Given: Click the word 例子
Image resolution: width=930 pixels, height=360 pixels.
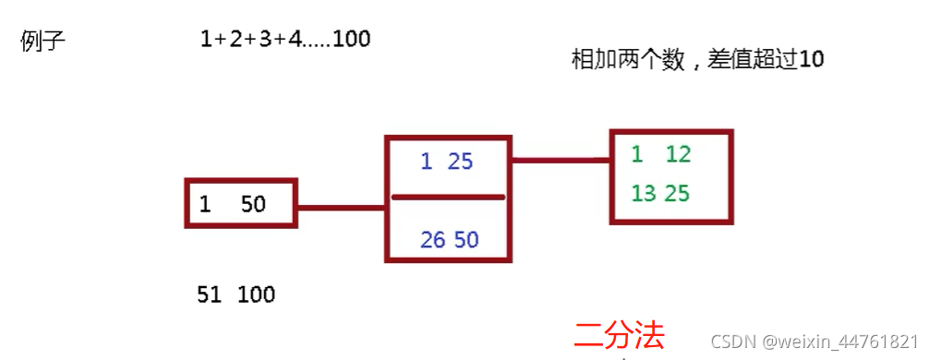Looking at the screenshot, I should pyautogui.click(x=42, y=42).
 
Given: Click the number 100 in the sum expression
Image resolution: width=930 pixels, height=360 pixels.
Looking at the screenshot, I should pyautogui.click(x=351, y=40).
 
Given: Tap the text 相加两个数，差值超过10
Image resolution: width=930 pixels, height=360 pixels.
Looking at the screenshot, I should pyautogui.click(x=697, y=61).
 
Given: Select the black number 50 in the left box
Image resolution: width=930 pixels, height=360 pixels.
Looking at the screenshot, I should pyautogui.click(x=253, y=204).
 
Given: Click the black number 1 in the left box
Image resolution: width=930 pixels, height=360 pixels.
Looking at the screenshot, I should pyautogui.click(x=205, y=204).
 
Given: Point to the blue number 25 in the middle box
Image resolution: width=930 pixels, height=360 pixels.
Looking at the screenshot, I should pyautogui.click(x=459, y=162).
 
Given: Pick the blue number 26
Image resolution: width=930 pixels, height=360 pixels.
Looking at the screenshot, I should pyautogui.click(x=432, y=240).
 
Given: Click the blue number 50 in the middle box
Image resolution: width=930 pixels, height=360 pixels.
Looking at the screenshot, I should pyautogui.click(x=466, y=240).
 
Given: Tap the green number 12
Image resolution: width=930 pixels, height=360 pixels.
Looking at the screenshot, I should pyautogui.click(x=678, y=154).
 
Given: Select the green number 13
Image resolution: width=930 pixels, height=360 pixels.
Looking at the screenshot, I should pyautogui.click(x=644, y=194).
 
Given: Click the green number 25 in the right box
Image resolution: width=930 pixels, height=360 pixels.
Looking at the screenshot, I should pyautogui.click(x=678, y=194).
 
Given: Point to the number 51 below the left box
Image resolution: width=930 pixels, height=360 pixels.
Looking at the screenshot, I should pyautogui.click(x=210, y=295).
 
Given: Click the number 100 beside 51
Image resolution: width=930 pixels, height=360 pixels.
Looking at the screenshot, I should pyautogui.click(x=256, y=295).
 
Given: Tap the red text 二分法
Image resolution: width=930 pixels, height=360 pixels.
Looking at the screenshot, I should pyautogui.click(x=619, y=336).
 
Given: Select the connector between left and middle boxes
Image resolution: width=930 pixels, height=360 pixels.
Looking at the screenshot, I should pyautogui.click(x=341, y=207).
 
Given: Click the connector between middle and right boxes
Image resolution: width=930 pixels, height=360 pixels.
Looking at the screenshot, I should pyautogui.click(x=560, y=161).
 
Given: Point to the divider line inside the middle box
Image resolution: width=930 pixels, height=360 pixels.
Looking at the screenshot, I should pyautogui.click(x=448, y=197).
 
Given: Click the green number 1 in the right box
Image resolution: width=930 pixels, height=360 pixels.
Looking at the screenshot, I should pyautogui.click(x=637, y=154).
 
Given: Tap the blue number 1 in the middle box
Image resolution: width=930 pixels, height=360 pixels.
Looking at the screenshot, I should pyautogui.click(x=426, y=162).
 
